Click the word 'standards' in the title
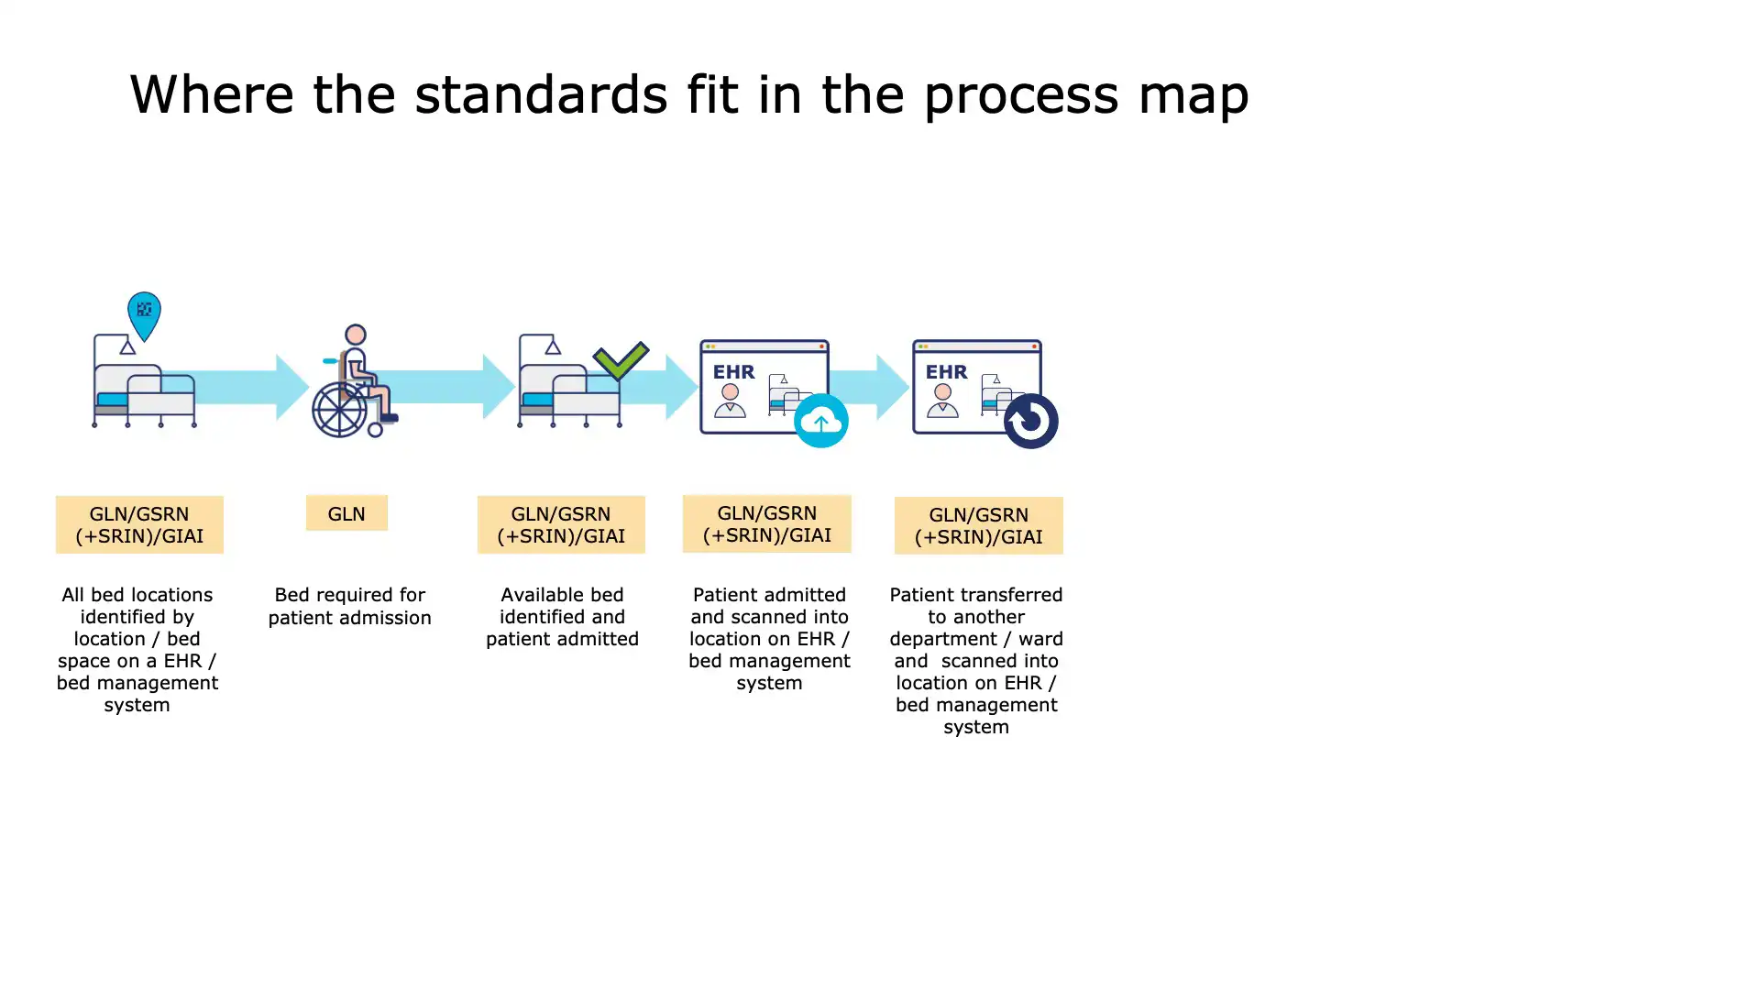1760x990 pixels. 541,94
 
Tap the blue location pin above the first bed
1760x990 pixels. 144,313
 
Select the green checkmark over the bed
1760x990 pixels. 621,360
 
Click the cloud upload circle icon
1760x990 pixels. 820,421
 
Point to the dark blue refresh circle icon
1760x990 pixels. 1030,421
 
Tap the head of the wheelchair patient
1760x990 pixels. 356,335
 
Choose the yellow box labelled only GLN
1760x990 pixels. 346,513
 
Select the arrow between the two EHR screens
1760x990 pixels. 871,387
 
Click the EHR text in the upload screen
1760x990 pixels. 734,372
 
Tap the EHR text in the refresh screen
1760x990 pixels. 946,372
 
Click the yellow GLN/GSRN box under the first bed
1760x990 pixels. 139,524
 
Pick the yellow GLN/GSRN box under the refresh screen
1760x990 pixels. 978,525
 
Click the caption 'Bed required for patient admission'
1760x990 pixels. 349,606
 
